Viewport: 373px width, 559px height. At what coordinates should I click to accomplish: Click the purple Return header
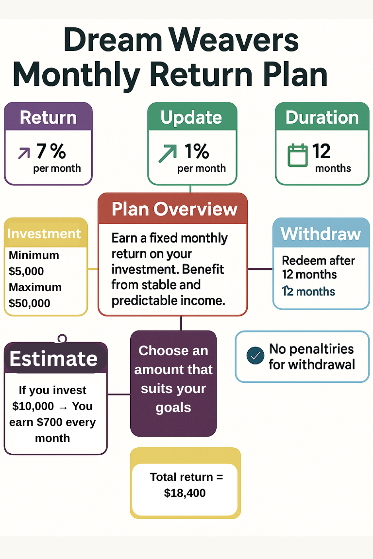[x=48, y=117]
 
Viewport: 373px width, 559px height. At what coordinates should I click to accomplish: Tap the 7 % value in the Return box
[x=51, y=151]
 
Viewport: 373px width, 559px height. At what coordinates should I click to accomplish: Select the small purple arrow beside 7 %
[x=23, y=153]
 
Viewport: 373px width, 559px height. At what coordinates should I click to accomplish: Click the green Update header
[x=191, y=117]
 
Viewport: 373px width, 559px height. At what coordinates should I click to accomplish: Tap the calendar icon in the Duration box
[x=297, y=155]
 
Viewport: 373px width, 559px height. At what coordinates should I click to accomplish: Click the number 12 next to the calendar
[x=322, y=151]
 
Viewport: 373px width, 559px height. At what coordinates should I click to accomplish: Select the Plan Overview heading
[x=174, y=209]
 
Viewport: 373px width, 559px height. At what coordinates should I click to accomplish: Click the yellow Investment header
[x=44, y=233]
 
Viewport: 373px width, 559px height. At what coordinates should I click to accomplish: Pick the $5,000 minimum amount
[x=26, y=271]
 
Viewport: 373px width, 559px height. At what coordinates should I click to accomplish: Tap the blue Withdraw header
[x=321, y=234]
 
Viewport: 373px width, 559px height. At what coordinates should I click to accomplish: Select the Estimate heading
[x=53, y=359]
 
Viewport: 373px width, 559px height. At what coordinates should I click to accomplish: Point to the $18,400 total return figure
[x=185, y=493]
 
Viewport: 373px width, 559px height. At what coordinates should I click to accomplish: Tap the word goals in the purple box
[x=173, y=408]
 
